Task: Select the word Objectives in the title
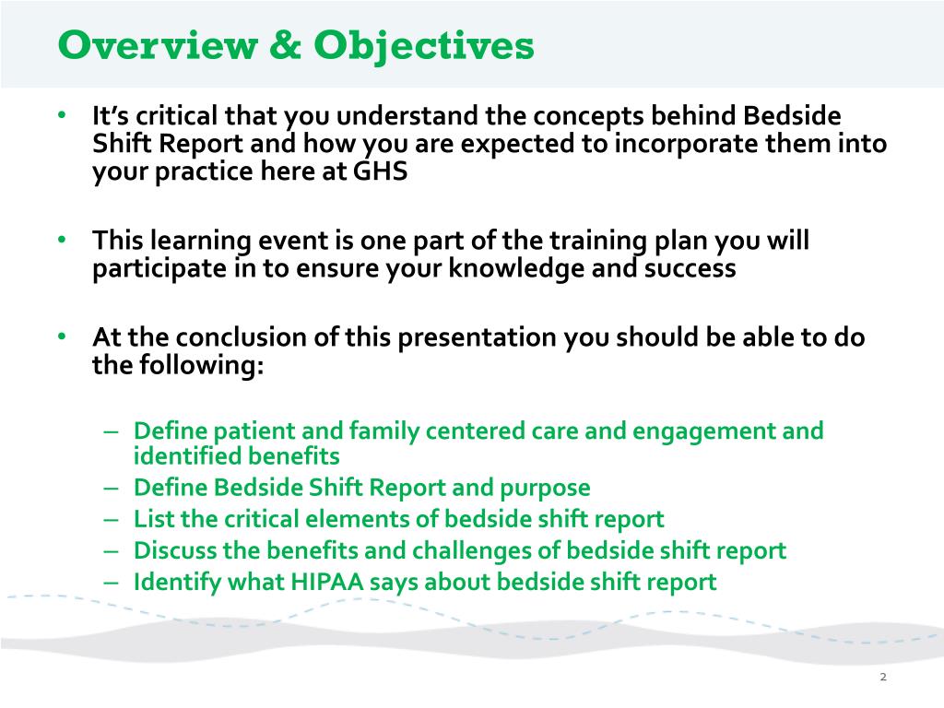(423, 44)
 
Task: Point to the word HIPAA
(368, 582)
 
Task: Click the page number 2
(882, 678)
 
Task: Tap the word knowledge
(521, 269)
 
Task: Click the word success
(690, 269)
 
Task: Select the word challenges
(488, 550)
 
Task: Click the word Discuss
(169, 550)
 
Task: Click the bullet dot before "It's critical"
(61, 117)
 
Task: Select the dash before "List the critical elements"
(112, 519)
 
